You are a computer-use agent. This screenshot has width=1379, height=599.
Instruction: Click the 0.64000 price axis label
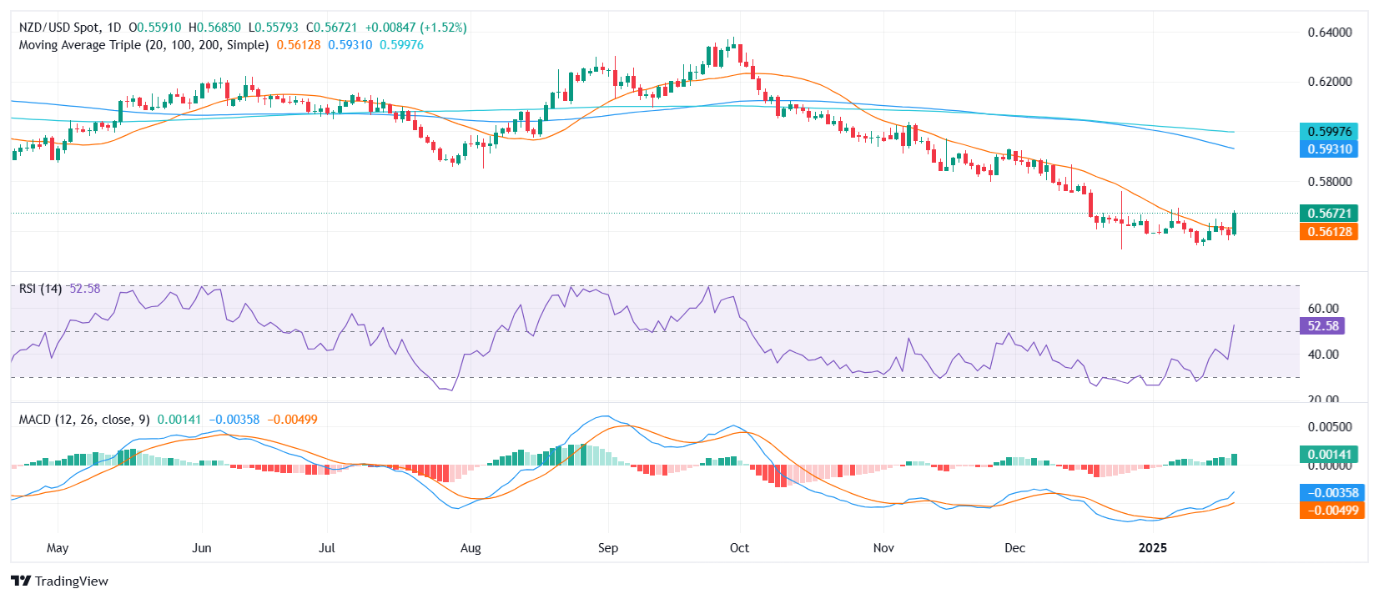tap(1329, 33)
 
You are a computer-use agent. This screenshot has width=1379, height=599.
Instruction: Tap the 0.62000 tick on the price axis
tap(1329, 82)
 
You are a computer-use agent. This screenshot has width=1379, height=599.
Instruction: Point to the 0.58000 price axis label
tap(1329, 182)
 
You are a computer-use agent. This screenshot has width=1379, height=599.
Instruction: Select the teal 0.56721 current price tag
tap(1329, 214)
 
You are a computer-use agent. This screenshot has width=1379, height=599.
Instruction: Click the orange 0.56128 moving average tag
tap(1329, 232)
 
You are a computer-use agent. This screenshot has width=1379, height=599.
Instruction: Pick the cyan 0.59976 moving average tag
tap(1329, 132)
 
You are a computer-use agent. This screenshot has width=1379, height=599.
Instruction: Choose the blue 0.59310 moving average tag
tap(1329, 149)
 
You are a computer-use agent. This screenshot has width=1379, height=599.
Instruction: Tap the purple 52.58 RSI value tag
tap(1323, 326)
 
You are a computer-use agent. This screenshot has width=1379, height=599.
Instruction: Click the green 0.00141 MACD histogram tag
tap(1329, 455)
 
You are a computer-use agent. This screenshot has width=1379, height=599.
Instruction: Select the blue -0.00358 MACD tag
tap(1332, 493)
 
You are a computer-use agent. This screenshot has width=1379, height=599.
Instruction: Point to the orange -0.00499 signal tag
tap(1332, 511)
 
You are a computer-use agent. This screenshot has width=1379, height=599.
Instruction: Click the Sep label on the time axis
tap(608, 548)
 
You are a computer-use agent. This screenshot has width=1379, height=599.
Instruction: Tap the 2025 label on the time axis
tap(1153, 548)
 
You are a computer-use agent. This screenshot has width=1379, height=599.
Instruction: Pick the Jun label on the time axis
tap(202, 548)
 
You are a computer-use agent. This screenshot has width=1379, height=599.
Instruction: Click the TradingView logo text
tap(71, 581)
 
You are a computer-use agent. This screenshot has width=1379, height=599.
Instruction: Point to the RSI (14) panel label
tap(40, 289)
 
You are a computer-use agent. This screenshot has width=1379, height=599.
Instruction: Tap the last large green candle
tap(1234, 224)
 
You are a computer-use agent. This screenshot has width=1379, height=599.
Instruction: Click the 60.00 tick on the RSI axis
tap(1323, 309)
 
